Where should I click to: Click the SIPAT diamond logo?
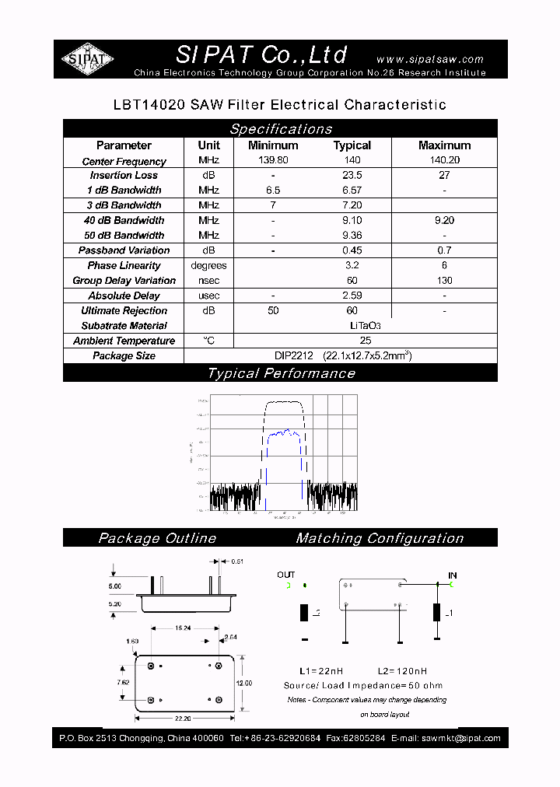coord(88,59)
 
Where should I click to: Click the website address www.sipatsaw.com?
coord(429,59)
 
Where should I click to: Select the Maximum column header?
coord(444,145)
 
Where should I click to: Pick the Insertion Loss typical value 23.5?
coord(352,176)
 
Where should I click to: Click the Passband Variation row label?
coord(124,250)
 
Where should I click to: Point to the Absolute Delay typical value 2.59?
coord(352,296)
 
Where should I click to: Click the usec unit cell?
coord(208,296)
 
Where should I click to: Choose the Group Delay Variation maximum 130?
coord(444,281)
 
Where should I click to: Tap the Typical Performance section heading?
coord(281,373)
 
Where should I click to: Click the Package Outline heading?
coord(157,538)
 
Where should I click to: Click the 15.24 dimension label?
coord(183,628)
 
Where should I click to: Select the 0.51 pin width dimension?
coord(238,561)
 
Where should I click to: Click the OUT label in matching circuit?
coord(286,575)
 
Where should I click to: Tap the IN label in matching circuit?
coord(452,575)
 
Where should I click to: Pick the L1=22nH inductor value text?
coord(320,671)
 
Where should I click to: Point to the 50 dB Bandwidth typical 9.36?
coord(352,236)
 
